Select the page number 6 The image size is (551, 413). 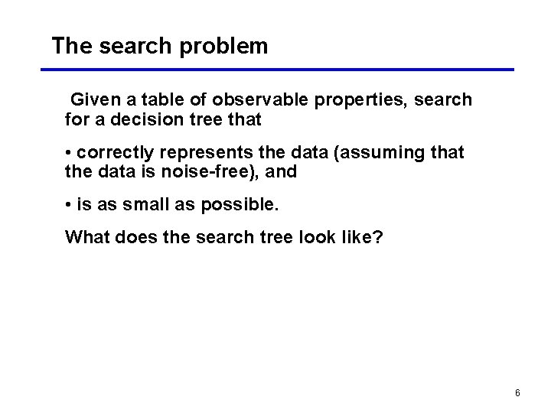click(x=517, y=393)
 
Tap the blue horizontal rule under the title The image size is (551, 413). click(x=277, y=70)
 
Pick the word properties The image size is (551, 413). click(x=360, y=100)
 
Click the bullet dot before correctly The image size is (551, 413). click(x=69, y=153)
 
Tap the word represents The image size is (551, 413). click(x=197, y=153)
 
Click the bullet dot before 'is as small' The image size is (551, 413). click(x=69, y=206)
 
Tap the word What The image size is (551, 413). click(x=87, y=237)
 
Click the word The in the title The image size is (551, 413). click(x=71, y=47)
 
